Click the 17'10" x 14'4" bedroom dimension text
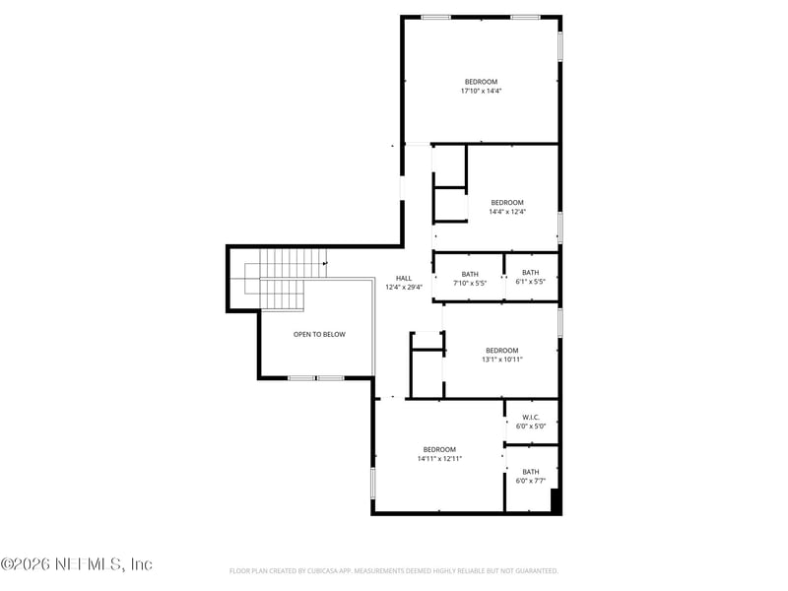[481, 91]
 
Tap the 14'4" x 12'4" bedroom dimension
[507, 212]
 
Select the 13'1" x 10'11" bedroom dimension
[502, 360]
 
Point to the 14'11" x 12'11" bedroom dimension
[439, 458]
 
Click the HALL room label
[404, 278]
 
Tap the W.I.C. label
[531, 417]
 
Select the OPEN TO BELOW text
[319, 334]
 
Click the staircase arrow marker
[325, 263]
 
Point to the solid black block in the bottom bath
[556, 500]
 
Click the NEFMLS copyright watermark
[77, 563]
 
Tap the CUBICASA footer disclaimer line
[393, 571]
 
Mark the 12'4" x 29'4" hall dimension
[404, 288]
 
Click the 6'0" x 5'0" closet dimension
[531, 427]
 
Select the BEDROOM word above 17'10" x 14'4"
[481, 82]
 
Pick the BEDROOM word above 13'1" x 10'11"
[502, 351]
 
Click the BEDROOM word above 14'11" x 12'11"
[439, 449]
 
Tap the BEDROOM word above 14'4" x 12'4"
[507, 203]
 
